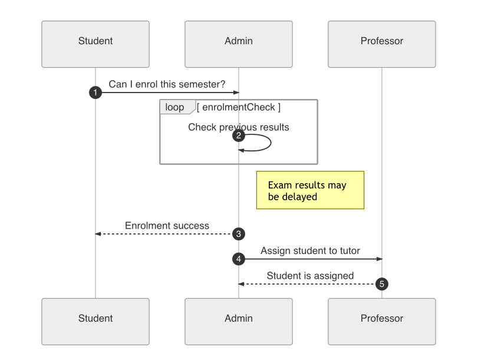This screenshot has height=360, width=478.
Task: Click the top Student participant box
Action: [95, 44]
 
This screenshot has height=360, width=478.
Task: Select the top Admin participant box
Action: [239, 44]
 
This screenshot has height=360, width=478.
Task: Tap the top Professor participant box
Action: [382, 44]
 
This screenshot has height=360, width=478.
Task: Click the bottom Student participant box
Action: [95, 321]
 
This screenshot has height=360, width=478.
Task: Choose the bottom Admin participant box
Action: [239, 321]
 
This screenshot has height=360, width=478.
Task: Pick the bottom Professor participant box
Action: [382, 321]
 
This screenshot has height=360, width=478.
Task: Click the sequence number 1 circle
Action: [95, 93]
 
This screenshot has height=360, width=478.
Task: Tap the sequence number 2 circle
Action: [239, 136]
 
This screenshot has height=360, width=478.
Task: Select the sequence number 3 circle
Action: [239, 234]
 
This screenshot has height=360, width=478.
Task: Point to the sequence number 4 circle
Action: [239, 259]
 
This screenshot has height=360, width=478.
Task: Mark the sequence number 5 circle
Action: [382, 284]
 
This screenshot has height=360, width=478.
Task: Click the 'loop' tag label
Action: [174, 107]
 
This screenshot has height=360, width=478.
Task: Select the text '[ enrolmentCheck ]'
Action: [239, 107]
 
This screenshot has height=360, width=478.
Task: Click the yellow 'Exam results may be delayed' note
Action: [310, 190]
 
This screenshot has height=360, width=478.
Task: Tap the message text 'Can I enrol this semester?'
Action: [167, 84]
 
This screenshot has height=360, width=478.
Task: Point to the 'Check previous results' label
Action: [239, 127]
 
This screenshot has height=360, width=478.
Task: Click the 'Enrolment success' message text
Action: [167, 226]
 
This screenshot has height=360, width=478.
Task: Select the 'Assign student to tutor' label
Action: [310, 250]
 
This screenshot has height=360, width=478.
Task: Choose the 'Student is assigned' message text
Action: [310, 275]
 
